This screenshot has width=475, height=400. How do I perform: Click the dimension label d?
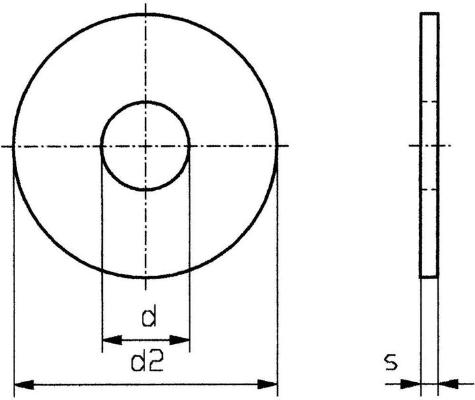(x=149, y=316)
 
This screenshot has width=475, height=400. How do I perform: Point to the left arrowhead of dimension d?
(x=112, y=340)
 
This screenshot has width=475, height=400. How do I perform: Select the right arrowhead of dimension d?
(x=179, y=340)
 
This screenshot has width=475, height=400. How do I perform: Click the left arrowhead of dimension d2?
(x=24, y=385)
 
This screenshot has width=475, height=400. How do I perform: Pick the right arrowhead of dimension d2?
(x=267, y=384)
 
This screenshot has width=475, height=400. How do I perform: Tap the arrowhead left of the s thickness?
(x=411, y=384)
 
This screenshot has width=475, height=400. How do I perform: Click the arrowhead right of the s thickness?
(x=449, y=383)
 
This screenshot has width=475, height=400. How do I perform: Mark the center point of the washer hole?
(x=146, y=147)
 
